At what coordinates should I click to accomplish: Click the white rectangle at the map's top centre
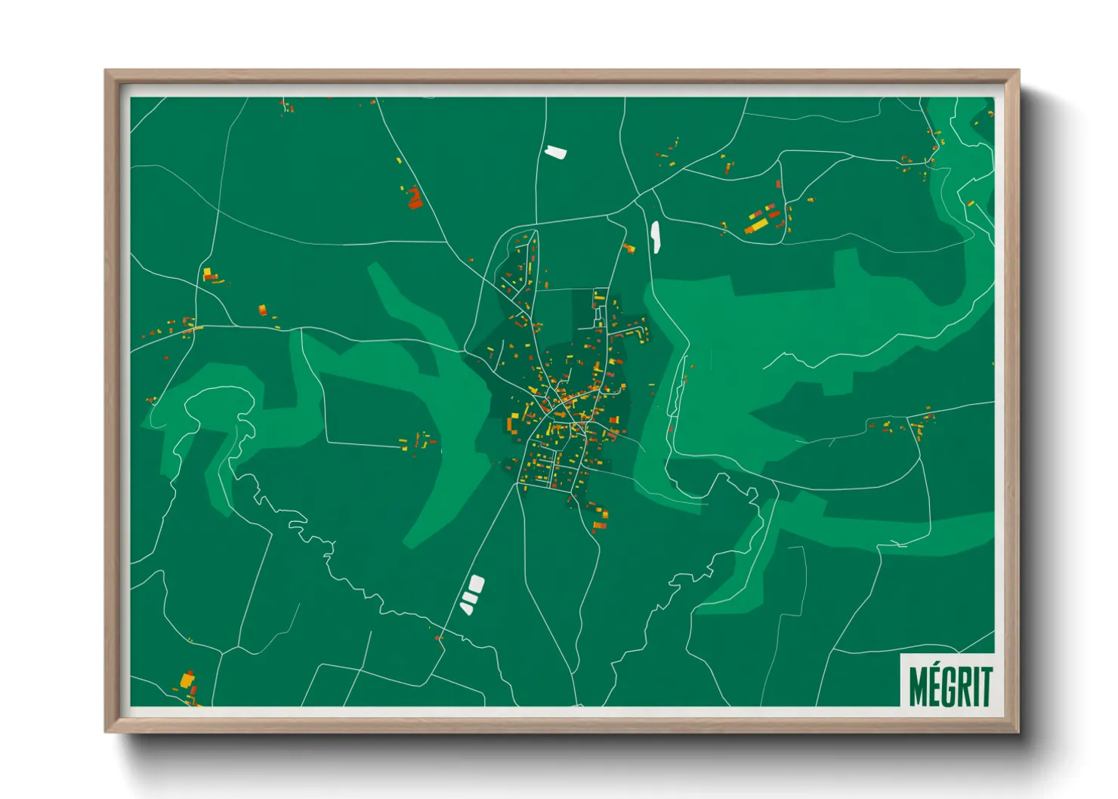555,152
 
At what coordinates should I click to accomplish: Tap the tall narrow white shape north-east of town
655,236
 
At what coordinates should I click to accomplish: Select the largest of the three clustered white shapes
476,584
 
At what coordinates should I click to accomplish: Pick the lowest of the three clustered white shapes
466,607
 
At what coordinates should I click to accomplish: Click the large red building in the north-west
414,199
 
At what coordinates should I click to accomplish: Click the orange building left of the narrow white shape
628,248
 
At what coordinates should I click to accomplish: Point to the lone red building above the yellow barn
778,183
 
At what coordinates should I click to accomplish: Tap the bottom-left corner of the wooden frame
107,730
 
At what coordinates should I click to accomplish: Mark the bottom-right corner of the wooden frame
1018,730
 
